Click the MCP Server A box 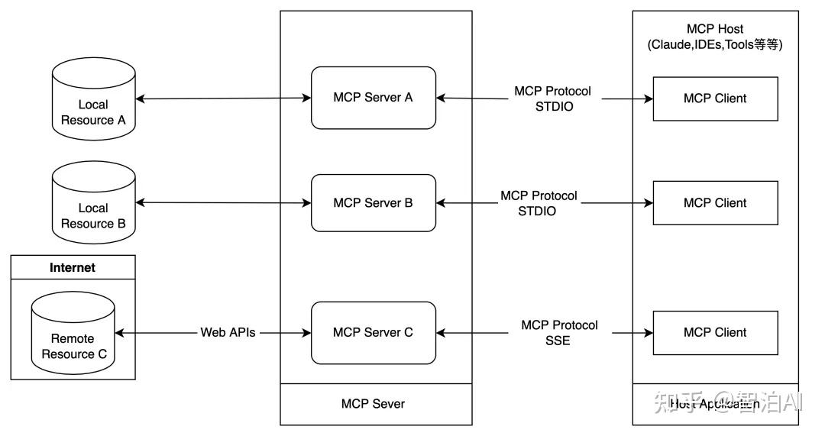coord(373,98)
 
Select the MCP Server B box coord(373,203)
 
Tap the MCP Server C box coord(373,333)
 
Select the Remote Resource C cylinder coord(73,339)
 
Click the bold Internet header coord(73,267)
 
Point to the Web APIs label coord(228,333)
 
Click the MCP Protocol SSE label coord(559,333)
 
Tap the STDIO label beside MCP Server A coord(554,107)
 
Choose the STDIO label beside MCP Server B coord(537,211)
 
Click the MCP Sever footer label coord(373,403)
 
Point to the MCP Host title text coord(715,29)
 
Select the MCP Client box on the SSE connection coord(715,333)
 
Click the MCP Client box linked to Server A coord(715,99)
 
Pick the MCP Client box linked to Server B coord(715,203)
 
